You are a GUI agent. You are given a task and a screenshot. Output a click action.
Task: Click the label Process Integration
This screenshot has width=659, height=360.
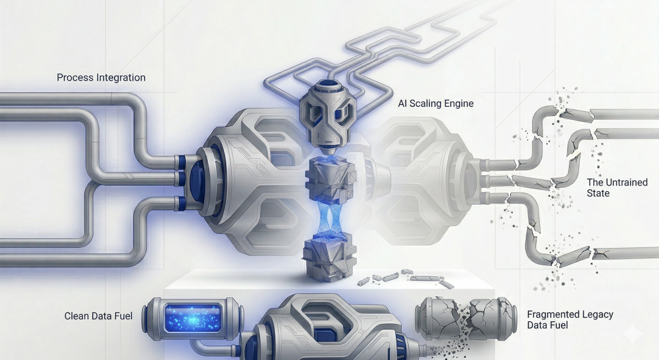click(x=101, y=78)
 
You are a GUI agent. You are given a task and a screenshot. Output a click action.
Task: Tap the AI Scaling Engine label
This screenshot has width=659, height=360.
click(x=436, y=104)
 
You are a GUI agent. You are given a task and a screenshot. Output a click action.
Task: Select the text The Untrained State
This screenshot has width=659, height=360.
click(x=617, y=187)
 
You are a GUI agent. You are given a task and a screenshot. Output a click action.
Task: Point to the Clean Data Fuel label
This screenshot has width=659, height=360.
click(x=98, y=316)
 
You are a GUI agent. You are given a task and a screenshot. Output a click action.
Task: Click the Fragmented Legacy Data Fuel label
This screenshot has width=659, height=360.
click(x=570, y=319)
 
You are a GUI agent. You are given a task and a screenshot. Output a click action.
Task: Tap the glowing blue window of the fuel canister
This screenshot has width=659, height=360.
click(x=193, y=317)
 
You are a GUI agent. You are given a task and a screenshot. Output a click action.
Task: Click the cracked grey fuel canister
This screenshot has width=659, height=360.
click(x=466, y=317)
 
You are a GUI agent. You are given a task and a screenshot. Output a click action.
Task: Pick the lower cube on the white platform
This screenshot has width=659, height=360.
click(x=329, y=260)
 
